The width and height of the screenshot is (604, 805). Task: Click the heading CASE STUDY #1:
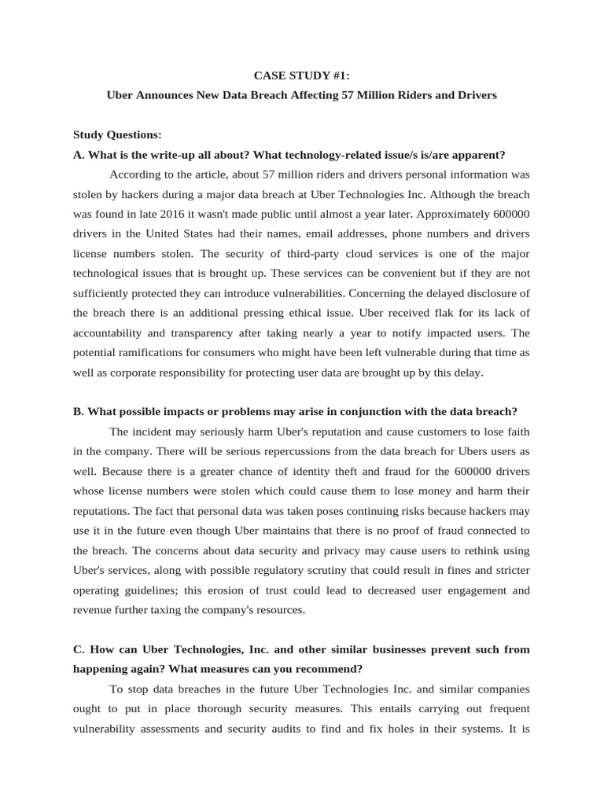tap(302, 75)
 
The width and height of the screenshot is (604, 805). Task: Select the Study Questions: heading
tap(116, 134)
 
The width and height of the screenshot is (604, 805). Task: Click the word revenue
tap(94, 609)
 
